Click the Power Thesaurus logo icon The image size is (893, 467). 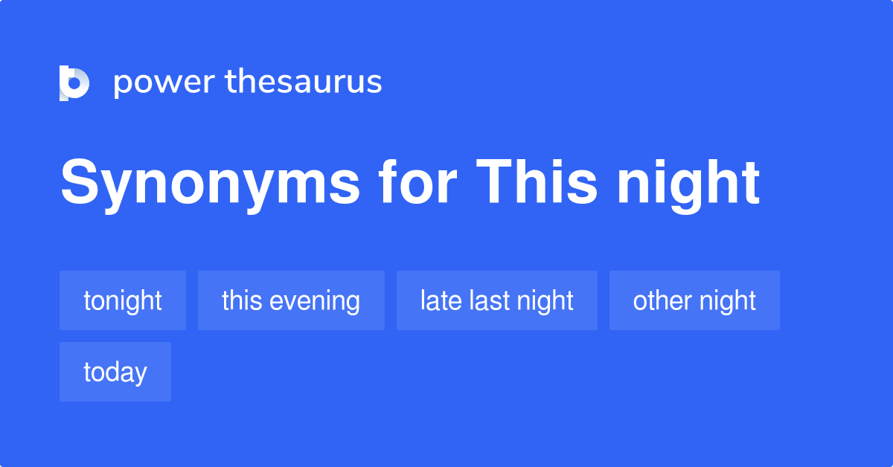click(x=74, y=83)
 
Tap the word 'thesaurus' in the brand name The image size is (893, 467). click(x=304, y=83)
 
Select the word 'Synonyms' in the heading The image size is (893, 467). click(x=210, y=183)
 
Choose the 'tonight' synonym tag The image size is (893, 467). click(x=123, y=300)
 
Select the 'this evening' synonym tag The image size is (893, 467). click(x=291, y=300)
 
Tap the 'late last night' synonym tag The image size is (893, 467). click(x=497, y=300)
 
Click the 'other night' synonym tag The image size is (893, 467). click(x=694, y=300)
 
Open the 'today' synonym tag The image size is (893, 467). click(x=115, y=372)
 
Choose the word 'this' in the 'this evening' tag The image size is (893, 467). click(x=242, y=300)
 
